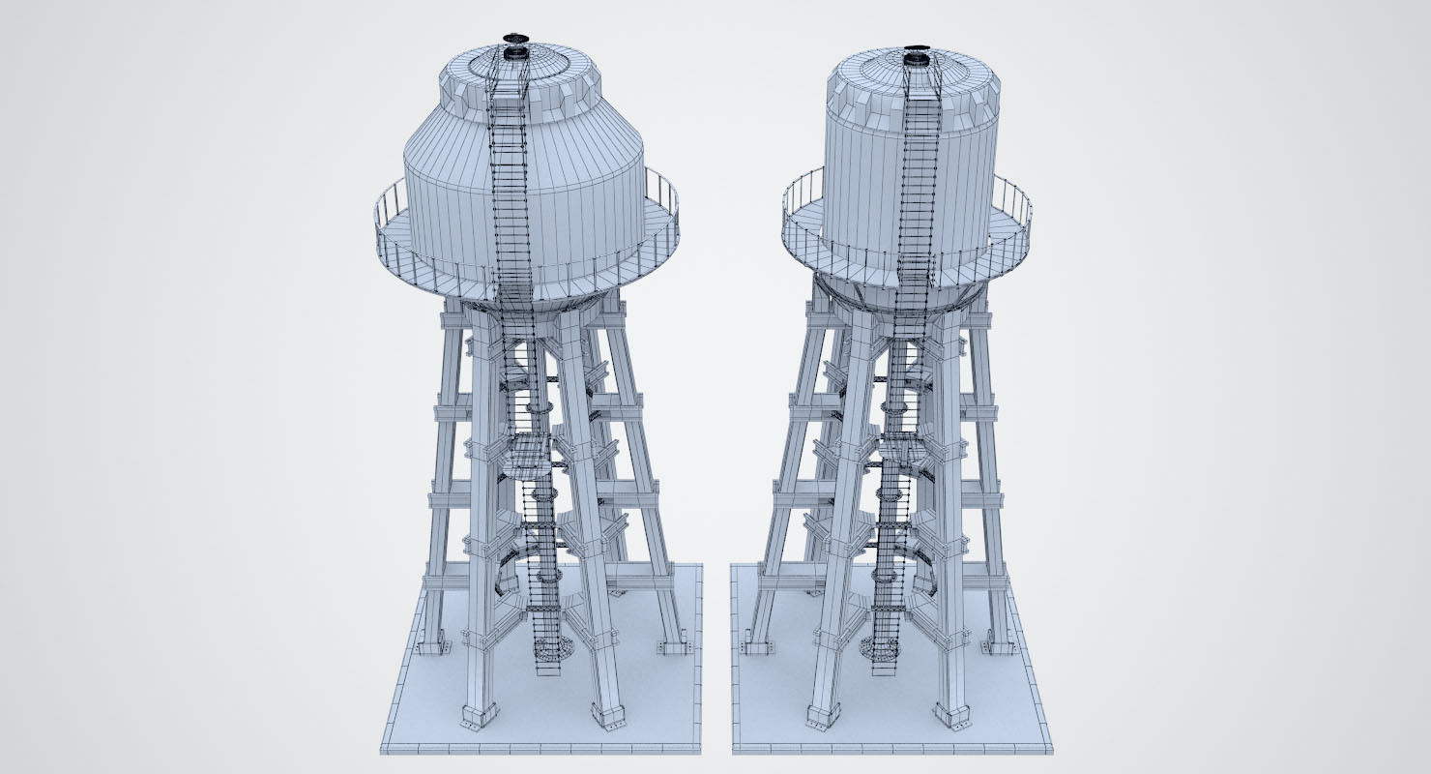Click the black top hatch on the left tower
point(515,39)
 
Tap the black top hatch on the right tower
point(917,45)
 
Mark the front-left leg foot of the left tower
point(476,716)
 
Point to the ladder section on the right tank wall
point(919,184)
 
